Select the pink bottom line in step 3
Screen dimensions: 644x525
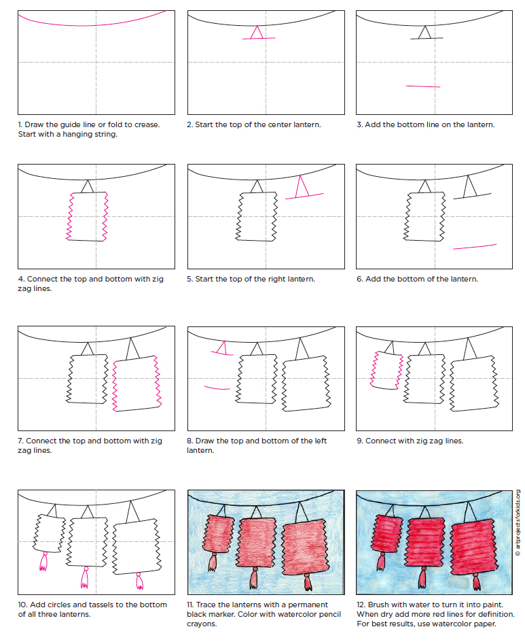coord(422,86)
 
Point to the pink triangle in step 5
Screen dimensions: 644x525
coord(302,186)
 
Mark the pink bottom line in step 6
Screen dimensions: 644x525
coord(474,246)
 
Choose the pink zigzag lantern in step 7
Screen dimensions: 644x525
coord(139,383)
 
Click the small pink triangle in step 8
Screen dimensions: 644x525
coord(219,349)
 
